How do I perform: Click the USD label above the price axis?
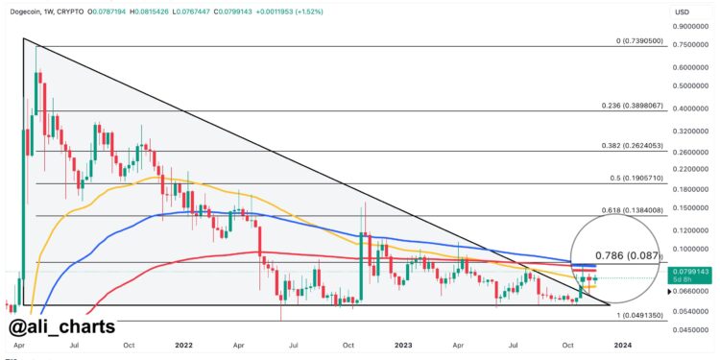(x=684, y=11)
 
